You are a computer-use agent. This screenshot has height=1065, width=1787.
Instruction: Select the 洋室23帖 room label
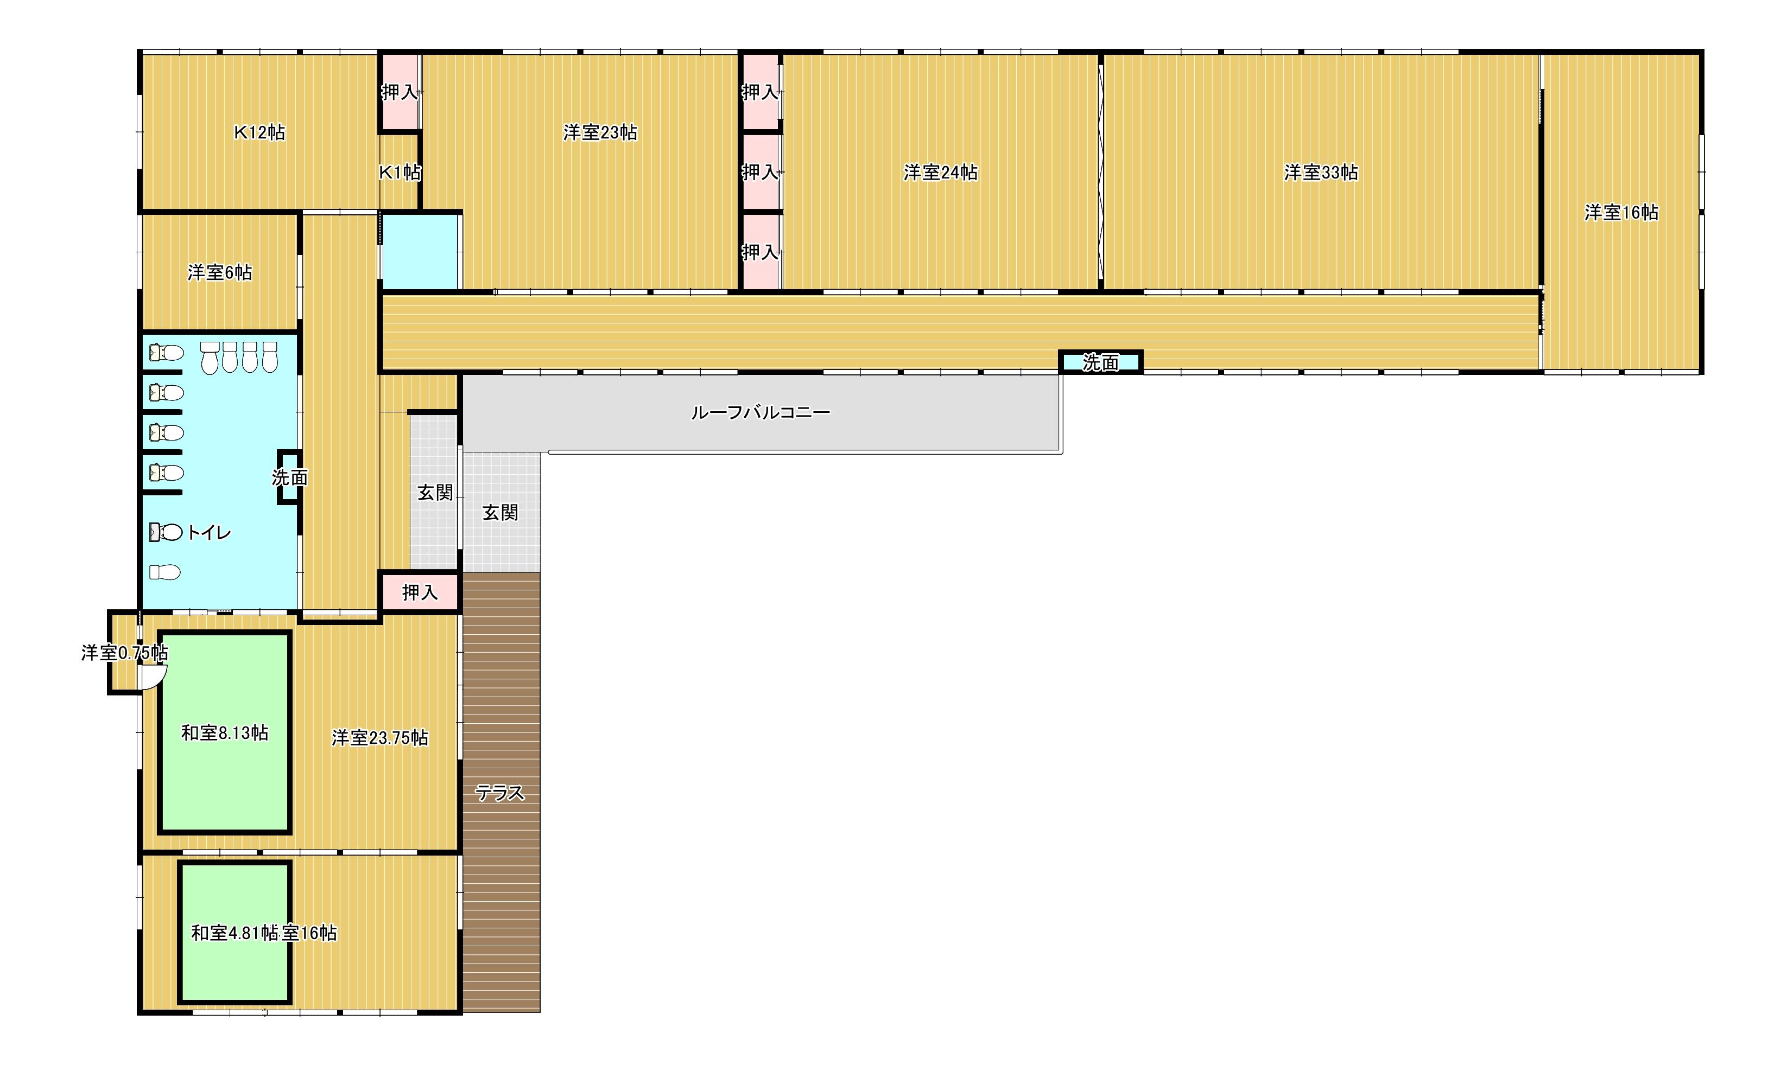point(600,133)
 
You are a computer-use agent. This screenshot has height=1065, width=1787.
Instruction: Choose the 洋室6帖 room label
point(220,273)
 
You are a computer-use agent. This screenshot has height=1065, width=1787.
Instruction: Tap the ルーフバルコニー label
point(761,413)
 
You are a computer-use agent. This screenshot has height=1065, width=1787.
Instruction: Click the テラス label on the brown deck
point(500,793)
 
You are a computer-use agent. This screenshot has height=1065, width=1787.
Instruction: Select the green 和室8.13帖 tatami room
point(225,732)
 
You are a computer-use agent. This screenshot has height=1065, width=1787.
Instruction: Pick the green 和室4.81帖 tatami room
point(235,932)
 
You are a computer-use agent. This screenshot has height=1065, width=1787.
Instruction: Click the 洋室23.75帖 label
point(380,738)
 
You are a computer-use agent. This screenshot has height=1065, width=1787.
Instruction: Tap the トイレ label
point(209,533)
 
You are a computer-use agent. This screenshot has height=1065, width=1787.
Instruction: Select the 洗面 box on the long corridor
point(1101,362)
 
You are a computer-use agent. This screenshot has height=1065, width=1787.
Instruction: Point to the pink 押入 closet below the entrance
point(419,592)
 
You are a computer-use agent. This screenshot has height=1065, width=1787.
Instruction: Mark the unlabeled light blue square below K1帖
point(420,251)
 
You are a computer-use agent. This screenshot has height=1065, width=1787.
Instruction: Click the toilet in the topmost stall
point(167,352)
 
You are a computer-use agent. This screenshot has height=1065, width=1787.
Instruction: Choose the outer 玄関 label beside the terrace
point(500,512)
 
